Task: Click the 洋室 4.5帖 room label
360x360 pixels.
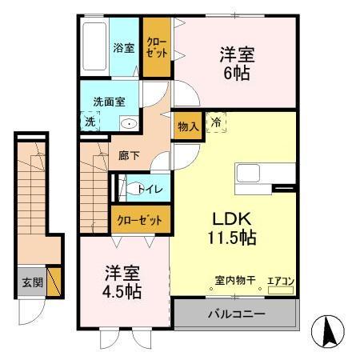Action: tap(122, 282)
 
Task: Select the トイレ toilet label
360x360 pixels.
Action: tap(150, 190)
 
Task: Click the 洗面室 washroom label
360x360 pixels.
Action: tap(110, 102)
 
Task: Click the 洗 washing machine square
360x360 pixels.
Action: tap(90, 122)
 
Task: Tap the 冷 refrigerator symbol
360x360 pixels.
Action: tap(217, 122)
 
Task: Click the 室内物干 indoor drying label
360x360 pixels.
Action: tap(234, 281)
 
